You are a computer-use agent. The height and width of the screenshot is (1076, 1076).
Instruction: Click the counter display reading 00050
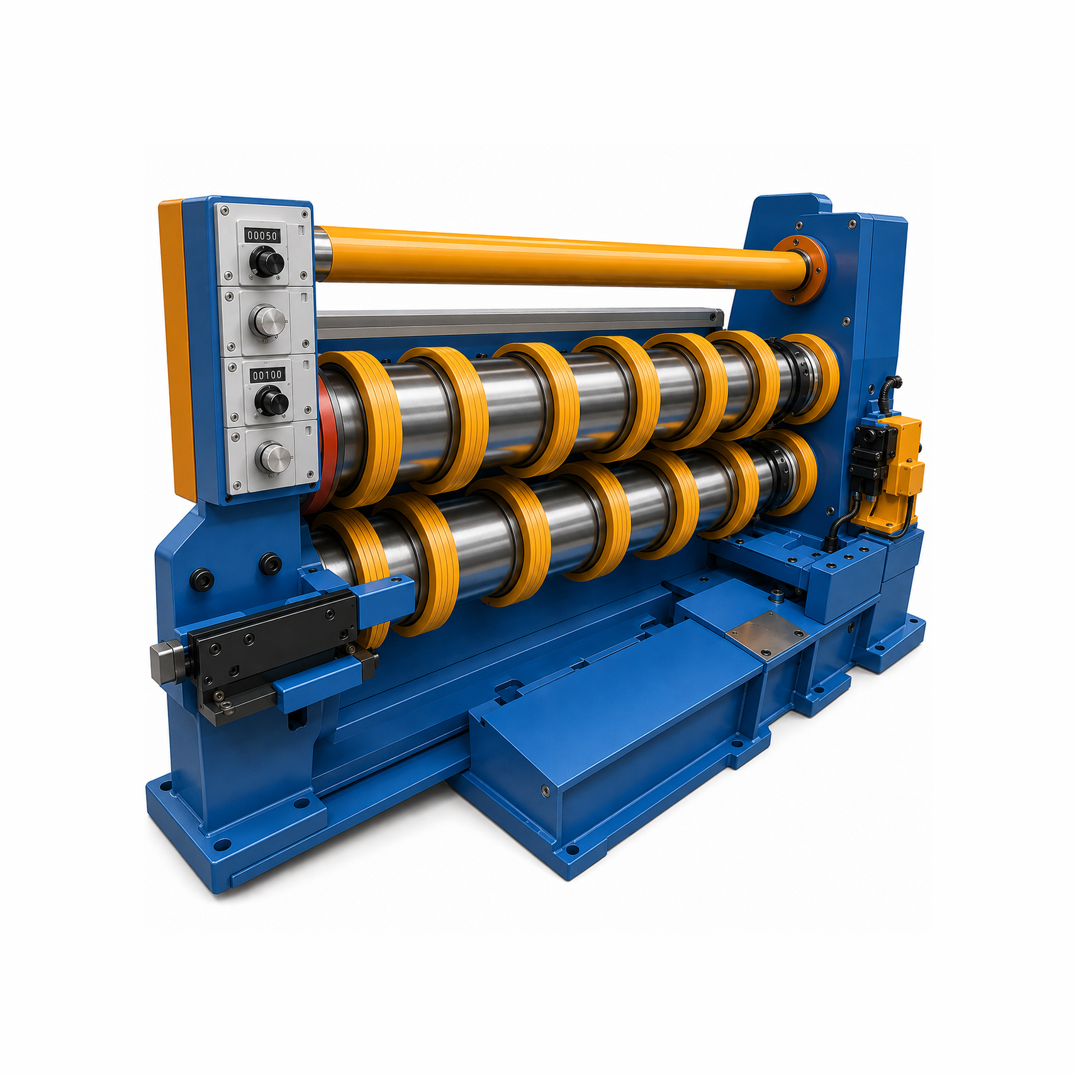(262, 235)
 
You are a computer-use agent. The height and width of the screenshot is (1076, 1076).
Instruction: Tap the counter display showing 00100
(267, 375)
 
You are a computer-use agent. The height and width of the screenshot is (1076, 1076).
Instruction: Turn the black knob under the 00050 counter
(266, 262)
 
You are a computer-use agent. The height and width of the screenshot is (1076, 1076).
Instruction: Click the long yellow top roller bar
(560, 256)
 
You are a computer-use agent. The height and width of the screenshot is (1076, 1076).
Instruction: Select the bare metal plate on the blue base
(767, 634)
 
